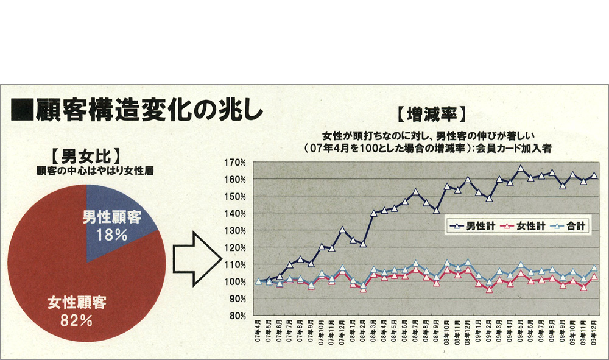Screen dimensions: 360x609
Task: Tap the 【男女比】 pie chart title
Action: [85, 155]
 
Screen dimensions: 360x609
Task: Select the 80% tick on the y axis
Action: [236, 316]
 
